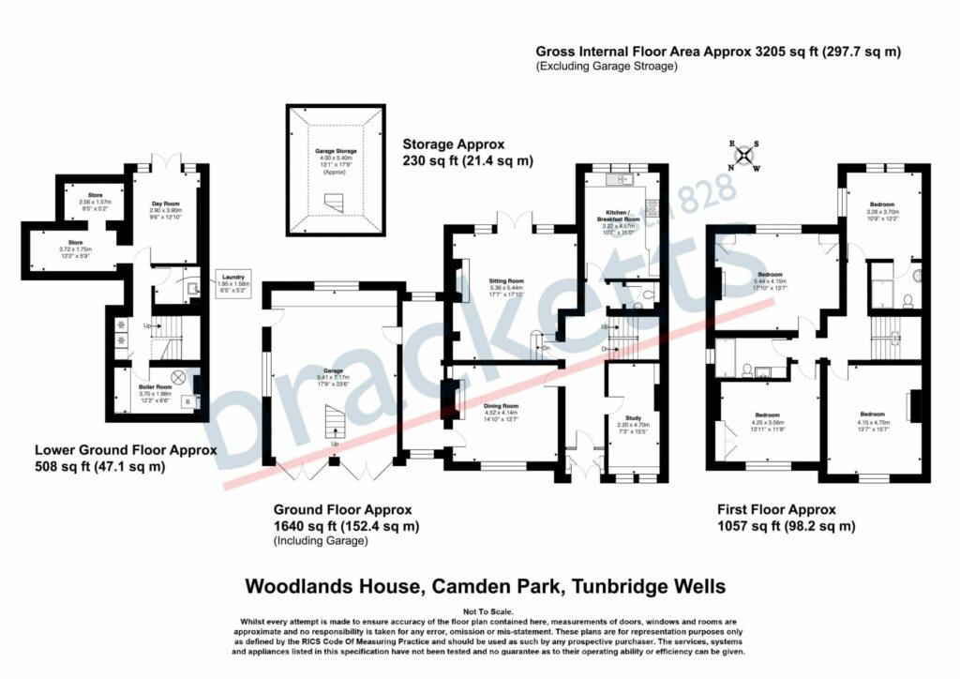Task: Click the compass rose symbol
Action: pos(746,156)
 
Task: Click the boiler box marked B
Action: pos(188,402)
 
